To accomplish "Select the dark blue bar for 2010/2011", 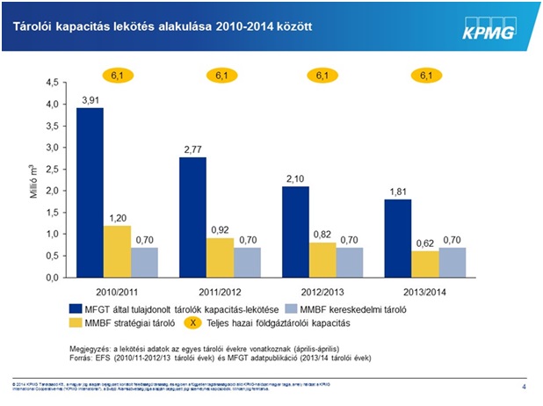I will click(x=90, y=192).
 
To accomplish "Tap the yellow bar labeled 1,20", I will click(x=118, y=251).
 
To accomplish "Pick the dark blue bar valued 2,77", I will click(x=192, y=217).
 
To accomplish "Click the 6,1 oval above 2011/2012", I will click(x=220, y=76).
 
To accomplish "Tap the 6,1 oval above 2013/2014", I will click(x=426, y=76).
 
